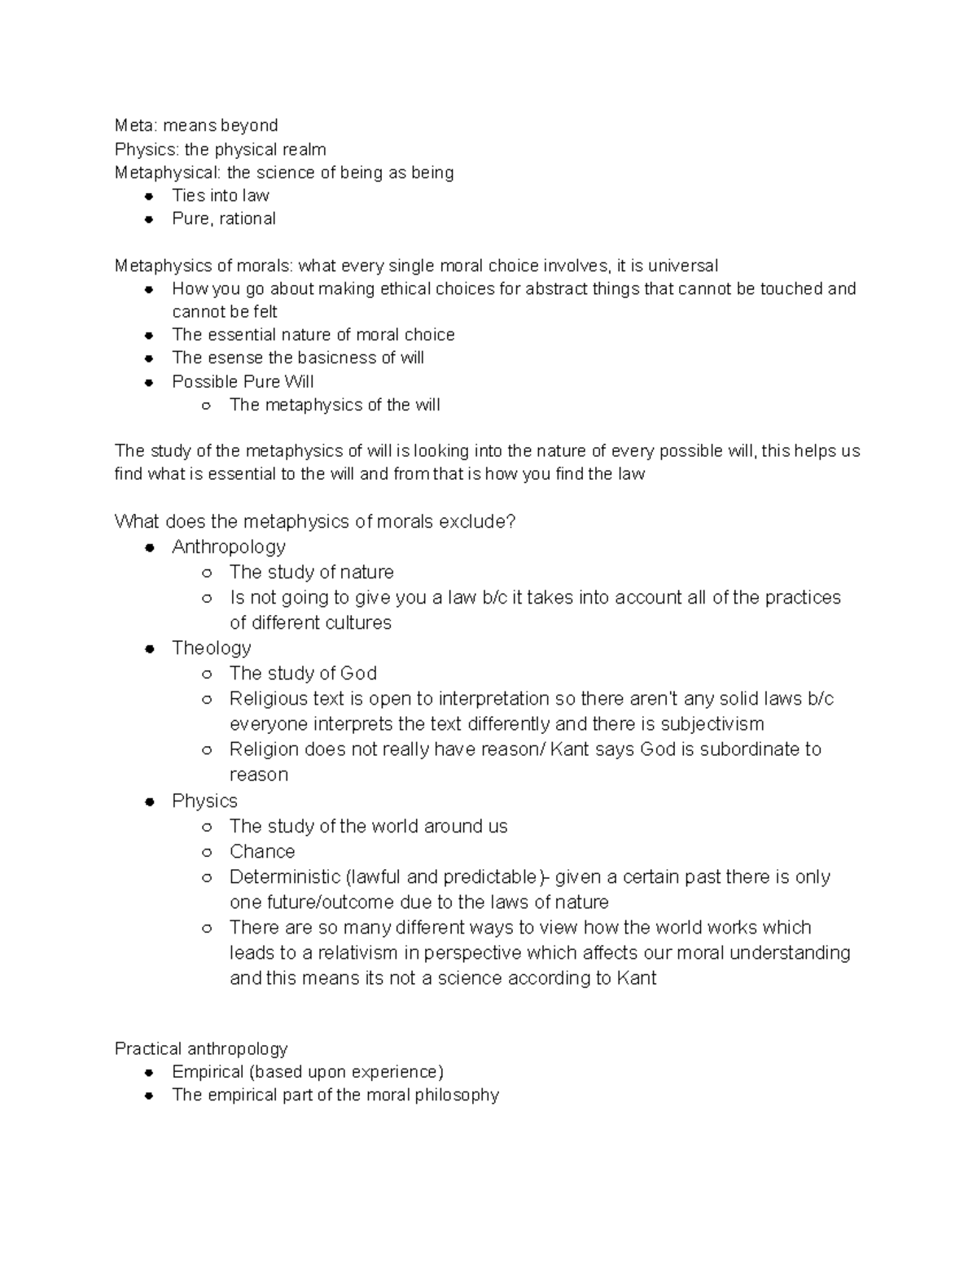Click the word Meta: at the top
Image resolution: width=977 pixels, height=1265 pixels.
pyautogui.click(x=135, y=125)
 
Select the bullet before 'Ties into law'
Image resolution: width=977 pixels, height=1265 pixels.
pyautogui.click(x=149, y=196)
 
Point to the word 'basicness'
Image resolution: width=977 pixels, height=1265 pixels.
pyautogui.click(x=336, y=358)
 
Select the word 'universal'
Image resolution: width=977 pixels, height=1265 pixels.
pyautogui.click(x=682, y=266)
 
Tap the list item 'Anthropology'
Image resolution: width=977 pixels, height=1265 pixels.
pyautogui.click(x=229, y=547)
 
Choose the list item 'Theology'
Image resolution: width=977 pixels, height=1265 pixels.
pyautogui.click(x=212, y=648)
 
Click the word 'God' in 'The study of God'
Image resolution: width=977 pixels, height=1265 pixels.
pyautogui.click(x=358, y=674)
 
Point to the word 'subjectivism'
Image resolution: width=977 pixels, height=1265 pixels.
pyautogui.click(x=712, y=724)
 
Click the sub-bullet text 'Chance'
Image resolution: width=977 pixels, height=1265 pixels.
pyautogui.click(x=262, y=852)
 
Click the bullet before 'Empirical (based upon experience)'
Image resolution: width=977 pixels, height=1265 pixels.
pyautogui.click(x=149, y=1073)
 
